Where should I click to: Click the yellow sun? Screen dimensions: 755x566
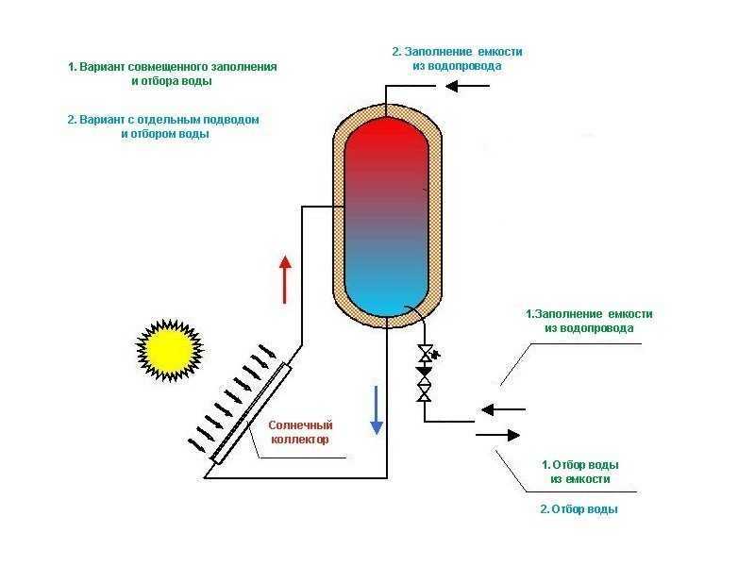point(170,350)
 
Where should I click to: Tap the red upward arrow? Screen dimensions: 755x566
point(285,279)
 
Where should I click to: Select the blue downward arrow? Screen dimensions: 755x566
point(377,410)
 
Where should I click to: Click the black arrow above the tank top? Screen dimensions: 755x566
point(467,87)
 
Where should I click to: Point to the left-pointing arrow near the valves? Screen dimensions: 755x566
point(503,409)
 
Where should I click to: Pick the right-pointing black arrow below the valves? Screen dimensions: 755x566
point(498,436)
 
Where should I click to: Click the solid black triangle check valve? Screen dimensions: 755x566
point(424,372)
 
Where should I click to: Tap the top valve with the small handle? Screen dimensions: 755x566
point(427,354)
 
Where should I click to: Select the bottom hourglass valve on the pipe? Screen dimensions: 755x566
point(424,393)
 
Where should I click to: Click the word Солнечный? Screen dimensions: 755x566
point(300,425)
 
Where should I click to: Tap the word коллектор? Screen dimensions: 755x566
point(300,440)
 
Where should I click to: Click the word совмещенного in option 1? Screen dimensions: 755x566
point(169,67)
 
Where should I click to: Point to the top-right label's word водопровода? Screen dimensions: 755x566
point(457,66)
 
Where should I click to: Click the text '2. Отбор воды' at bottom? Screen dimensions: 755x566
point(579,509)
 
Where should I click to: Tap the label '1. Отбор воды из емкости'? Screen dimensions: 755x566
point(580,473)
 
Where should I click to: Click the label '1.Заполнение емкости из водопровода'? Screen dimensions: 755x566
point(589,321)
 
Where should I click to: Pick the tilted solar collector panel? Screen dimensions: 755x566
point(251,413)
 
